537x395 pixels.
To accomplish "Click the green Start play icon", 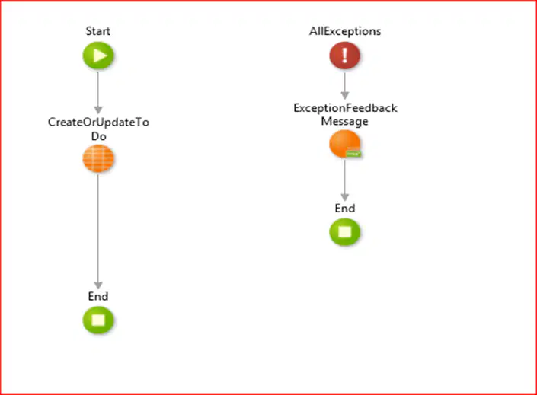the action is click(x=98, y=56).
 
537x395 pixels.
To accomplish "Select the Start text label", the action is click(x=98, y=31).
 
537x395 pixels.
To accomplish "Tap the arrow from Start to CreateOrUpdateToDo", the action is click(x=98, y=92).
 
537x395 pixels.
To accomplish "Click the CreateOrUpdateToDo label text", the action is click(x=98, y=129).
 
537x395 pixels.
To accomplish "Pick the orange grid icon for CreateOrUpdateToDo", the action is click(x=98, y=158).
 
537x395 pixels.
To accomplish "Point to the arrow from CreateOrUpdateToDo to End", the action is click(x=98, y=231).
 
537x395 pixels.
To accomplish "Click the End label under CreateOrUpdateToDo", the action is click(x=98, y=296).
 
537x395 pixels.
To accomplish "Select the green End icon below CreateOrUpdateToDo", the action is click(x=98, y=320).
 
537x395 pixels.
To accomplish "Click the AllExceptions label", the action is click(x=345, y=31).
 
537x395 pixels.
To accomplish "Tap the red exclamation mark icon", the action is click(x=345, y=56).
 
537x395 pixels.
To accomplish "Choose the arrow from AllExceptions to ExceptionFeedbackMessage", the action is click(x=345, y=85).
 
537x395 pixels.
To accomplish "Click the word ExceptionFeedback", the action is click(x=345, y=108).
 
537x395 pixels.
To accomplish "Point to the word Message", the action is click(x=344, y=121).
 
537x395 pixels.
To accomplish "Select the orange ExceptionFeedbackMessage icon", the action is click(x=345, y=144).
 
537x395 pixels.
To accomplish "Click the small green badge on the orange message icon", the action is click(x=353, y=153).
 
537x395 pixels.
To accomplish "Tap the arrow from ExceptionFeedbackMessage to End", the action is click(x=345, y=180).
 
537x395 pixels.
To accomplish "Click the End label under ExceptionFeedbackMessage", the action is click(x=345, y=208).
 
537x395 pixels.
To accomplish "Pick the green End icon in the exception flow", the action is click(x=345, y=232).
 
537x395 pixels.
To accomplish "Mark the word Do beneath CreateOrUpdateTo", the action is click(x=98, y=136).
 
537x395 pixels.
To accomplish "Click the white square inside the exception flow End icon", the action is click(x=345, y=232).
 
